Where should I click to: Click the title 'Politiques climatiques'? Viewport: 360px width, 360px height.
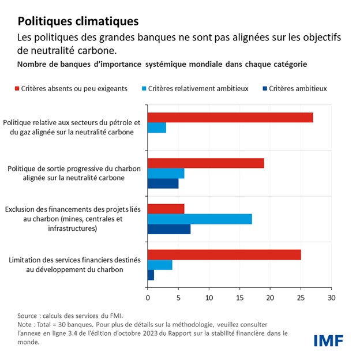78,22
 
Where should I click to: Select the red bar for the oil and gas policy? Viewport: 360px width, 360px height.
230,117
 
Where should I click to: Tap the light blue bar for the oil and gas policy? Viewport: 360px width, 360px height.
157,128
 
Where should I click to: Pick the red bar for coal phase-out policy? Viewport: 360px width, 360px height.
206,163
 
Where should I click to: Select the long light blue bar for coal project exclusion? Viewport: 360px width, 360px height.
200,219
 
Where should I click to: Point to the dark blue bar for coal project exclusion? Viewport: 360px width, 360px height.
169,230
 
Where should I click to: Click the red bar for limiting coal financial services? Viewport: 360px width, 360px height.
224,254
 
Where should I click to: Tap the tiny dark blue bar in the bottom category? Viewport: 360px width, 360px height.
151,276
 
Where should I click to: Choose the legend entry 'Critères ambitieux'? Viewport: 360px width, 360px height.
294,89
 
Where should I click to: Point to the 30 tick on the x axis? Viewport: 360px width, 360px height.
331,298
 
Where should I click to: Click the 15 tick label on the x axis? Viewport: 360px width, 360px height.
239,298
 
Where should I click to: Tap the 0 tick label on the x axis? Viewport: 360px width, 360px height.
148,298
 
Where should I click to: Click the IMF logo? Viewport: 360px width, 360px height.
328,340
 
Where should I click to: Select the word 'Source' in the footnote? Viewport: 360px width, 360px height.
29,316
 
